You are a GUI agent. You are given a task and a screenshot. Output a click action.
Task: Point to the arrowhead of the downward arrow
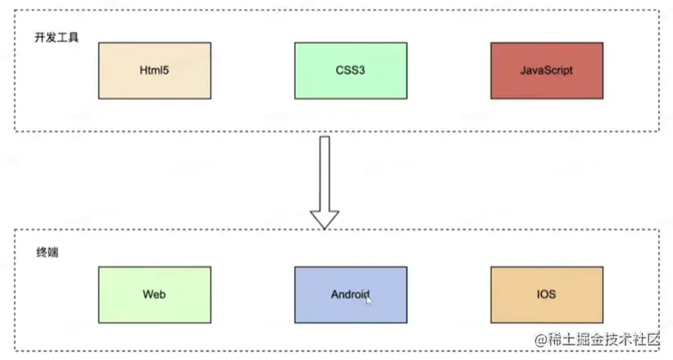coord(325,217)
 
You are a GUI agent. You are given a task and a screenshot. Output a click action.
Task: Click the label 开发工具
coord(57,38)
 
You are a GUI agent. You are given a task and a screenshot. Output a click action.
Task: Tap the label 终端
coord(46,253)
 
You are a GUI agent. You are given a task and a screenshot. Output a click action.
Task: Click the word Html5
coord(154,71)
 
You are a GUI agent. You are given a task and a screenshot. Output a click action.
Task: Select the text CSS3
coord(350,71)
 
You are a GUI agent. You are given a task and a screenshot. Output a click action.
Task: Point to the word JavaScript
coord(546,71)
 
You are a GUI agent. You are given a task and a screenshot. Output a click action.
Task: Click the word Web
coord(154,294)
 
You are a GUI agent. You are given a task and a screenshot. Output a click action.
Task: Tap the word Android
coord(350,294)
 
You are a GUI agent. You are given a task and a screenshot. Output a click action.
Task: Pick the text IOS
coord(546,294)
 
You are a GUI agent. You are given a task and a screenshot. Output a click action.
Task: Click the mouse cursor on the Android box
coord(369,300)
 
